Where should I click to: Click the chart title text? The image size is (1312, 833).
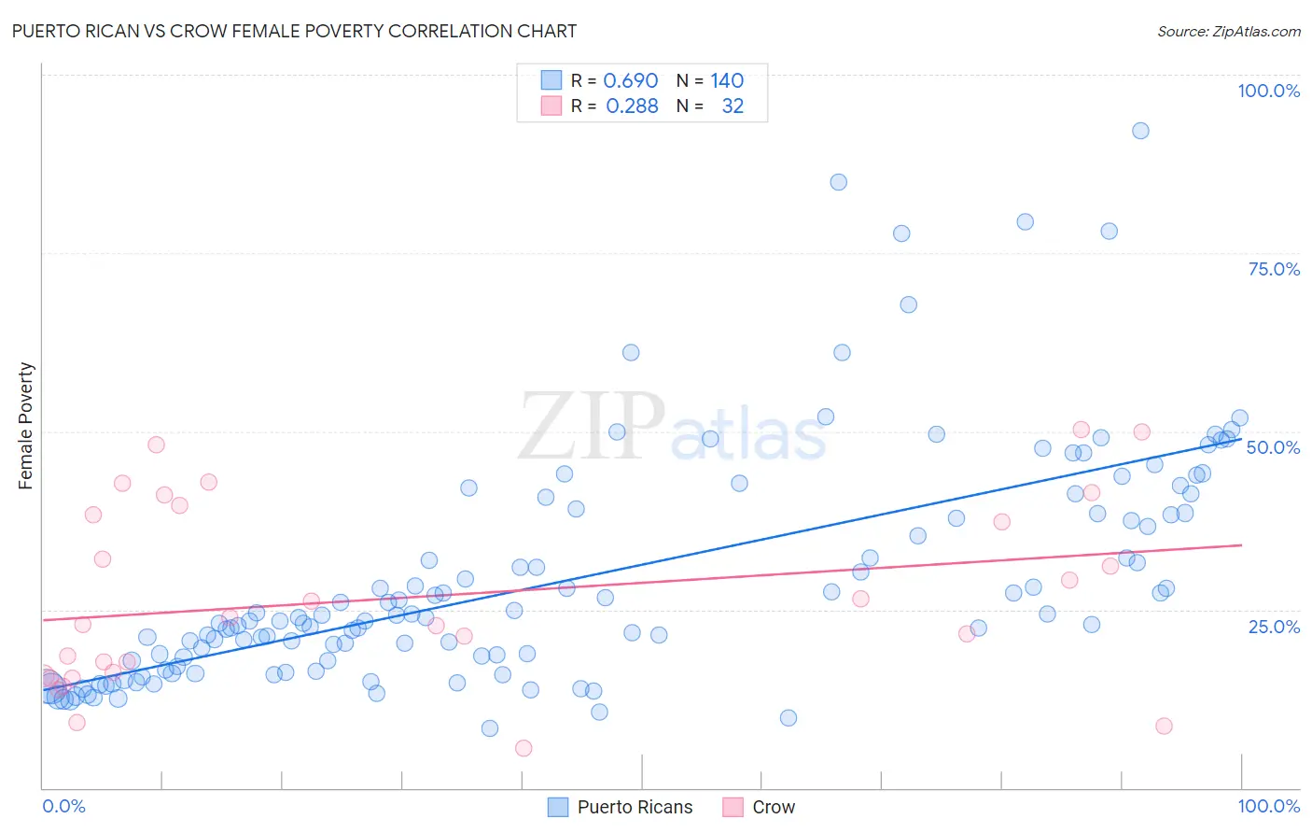click(x=294, y=31)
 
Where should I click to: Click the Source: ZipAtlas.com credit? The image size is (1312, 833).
click(x=1228, y=31)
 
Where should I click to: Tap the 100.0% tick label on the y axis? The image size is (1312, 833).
click(x=1268, y=91)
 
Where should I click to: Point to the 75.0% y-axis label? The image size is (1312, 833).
click(x=1274, y=269)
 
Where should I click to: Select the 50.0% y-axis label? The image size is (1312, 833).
click(x=1273, y=447)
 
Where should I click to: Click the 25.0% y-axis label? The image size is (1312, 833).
click(x=1274, y=627)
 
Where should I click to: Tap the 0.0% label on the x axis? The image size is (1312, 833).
click(x=63, y=806)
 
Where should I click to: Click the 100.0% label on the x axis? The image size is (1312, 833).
click(x=1268, y=806)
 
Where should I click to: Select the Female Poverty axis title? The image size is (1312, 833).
click(x=26, y=426)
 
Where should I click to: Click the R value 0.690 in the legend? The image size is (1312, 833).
click(x=630, y=81)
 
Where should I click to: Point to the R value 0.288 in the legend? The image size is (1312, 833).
click(x=632, y=106)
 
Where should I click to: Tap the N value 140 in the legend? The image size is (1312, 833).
click(x=727, y=81)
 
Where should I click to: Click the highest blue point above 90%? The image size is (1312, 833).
click(x=1140, y=131)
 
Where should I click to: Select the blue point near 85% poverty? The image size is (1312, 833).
click(x=838, y=182)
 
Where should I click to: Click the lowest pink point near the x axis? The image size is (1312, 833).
click(x=523, y=748)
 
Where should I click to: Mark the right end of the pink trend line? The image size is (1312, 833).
click(x=1242, y=544)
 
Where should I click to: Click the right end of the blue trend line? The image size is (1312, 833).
click(x=1242, y=437)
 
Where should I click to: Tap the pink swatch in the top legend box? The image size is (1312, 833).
click(x=551, y=106)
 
